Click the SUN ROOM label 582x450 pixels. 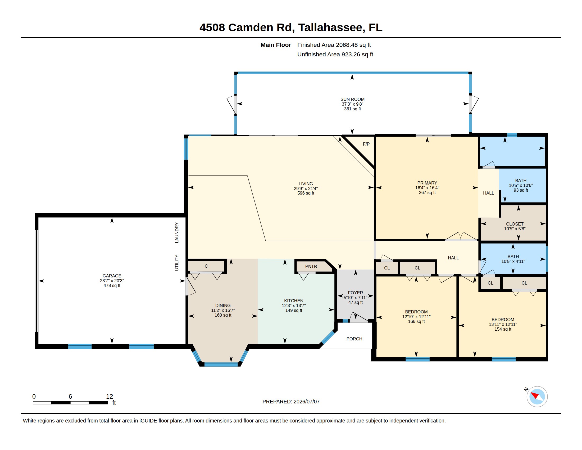tap(352, 100)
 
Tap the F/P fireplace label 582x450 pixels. tap(366, 144)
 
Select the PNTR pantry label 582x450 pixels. tap(311, 266)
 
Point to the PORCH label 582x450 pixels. tap(354, 339)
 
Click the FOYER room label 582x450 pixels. tap(355, 293)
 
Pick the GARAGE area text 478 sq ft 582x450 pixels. tap(112, 286)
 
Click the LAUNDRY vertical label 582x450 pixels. tap(177, 233)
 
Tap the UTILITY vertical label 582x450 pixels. tap(177, 263)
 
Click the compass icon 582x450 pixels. tap(537, 397)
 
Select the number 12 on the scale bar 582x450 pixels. tap(110, 397)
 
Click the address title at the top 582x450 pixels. tap(291, 28)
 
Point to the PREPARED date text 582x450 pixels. tap(291, 402)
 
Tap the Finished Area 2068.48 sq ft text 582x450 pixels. tap(334, 45)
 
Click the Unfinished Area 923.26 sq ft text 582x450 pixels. tap(335, 55)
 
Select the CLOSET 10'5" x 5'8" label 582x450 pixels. tap(515, 226)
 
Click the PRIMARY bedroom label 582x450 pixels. tap(427, 183)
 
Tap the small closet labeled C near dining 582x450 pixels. tap(206, 266)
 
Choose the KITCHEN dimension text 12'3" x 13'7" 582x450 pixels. tap(293, 305)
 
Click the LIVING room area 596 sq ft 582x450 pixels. tap(306, 193)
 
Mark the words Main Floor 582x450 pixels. tap(276, 45)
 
